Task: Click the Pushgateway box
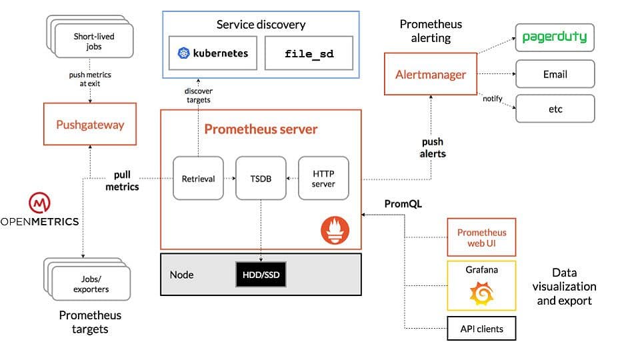(89, 124)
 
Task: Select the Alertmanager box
(431, 75)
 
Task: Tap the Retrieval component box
(198, 179)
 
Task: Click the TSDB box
(261, 179)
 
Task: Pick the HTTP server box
(323, 179)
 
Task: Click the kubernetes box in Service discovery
(213, 53)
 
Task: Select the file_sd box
(309, 53)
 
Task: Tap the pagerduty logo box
(555, 37)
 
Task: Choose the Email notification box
(555, 75)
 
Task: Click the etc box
(555, 109)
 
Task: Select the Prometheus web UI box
(481, 238)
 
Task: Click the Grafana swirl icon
(481, 294)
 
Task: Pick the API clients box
(481, 329)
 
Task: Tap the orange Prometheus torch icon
(335, 231)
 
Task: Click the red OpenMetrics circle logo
(39, 202)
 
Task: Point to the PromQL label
(403, 203)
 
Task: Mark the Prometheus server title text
(261, 129)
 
